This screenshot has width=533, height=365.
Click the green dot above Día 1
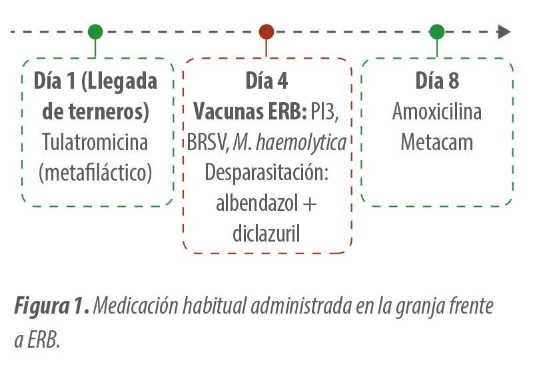95,31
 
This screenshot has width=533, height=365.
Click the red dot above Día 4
266,31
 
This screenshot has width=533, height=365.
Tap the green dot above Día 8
437,31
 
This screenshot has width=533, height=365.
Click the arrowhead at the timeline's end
504,31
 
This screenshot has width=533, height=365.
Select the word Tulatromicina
95,142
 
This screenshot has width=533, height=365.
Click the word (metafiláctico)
95,173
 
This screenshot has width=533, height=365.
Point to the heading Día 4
267,81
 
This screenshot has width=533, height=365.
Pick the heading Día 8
437,81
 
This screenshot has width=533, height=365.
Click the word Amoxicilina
437,111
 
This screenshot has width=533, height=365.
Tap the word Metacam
437,142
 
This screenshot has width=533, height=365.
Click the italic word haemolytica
301,142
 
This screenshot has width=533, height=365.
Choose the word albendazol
257,203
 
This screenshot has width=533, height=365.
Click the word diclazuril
266,234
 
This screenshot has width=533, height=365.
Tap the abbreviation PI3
325,111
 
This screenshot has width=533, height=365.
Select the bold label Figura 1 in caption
52,306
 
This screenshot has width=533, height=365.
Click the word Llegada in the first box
119,81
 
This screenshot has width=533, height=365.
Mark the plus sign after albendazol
310,204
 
